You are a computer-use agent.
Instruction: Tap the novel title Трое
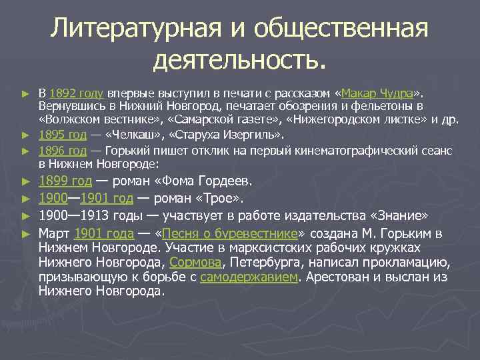click(x=226, y=198)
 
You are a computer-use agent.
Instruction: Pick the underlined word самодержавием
click(x=248, y=277)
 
